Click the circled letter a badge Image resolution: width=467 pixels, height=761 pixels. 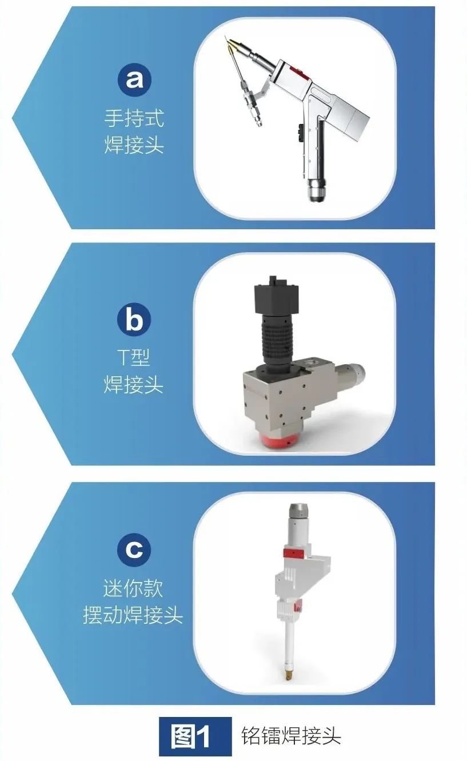[x=134, y=79]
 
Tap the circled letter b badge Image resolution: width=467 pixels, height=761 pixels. [x=134, y=320]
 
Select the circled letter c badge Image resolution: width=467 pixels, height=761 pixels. [x=134, y=549]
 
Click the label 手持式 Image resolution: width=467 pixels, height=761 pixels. [x=134, y=118]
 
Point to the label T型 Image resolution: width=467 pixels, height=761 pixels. [x=134, y=357]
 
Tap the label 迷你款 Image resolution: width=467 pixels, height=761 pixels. [x=134, y=588]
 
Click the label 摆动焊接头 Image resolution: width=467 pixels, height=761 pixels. [x=133, y=615]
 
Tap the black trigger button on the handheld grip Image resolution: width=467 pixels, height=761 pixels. [x=300, y=133]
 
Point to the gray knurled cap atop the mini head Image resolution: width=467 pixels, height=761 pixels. [x=298, y=512]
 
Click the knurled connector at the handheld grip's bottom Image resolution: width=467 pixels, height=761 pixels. [x=317, y=190]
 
